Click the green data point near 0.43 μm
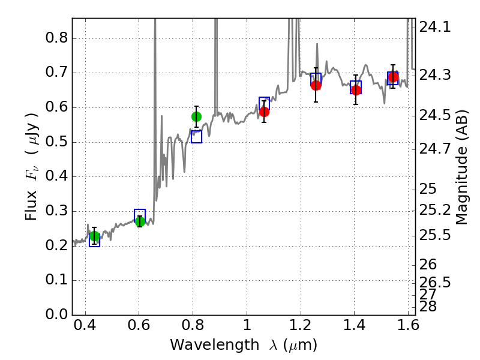pyautogui.click(x=94, y=236)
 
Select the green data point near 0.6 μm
pyautogui.click(x=140, y=221)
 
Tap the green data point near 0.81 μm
pyautogui.click(x=196, y=116)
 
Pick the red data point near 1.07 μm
pyautogui.click(x=264, y=112)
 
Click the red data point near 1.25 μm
pyautogui.click(x=316, y=85)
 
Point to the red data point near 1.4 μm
pyautogui.click(x=356, y=90)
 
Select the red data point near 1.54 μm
pyautogui.click(x=393, y=77)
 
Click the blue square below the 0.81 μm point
pyautogui.click(x=196, y=137)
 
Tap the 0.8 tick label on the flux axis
pyautogui.click(x=57, y=39)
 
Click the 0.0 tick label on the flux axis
pyautogui.click(x=57, y=315)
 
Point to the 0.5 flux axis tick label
pyautogui.click(x=57, y=143)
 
